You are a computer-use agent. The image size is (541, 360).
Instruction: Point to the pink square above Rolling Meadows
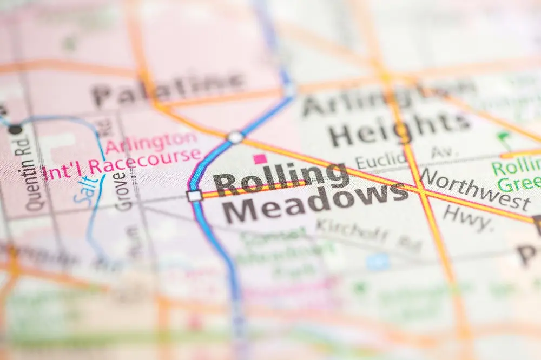tap(260, 159)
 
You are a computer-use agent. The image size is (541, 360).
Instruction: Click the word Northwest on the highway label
tap(475, 189)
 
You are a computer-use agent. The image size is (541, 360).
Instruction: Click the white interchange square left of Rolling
tap(194, 196)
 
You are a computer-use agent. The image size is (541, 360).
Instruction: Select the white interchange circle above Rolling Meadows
tap(235, 137)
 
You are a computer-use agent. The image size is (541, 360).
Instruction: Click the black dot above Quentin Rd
tap(16, 129)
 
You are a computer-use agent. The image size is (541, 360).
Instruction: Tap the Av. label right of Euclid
tap(441, 152)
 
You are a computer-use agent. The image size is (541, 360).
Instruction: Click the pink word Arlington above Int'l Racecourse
tap(151, 142)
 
